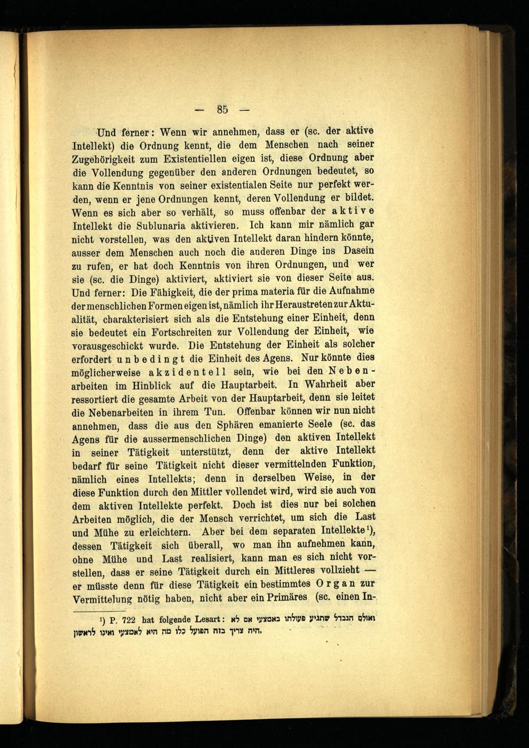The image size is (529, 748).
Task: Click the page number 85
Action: click(222, 110)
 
